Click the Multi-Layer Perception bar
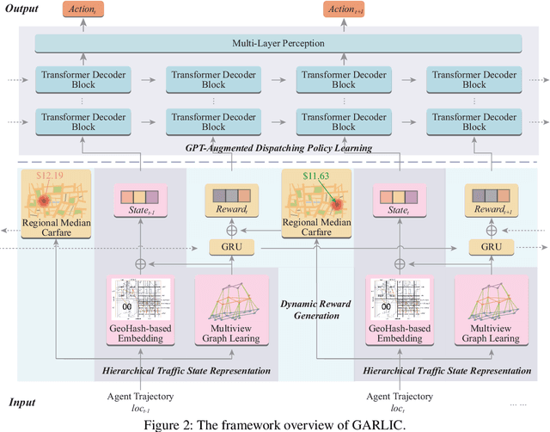tap(278, 42)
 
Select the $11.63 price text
tap(304, 176)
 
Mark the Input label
tap(23, 402)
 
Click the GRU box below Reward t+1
tap(491, 248)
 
